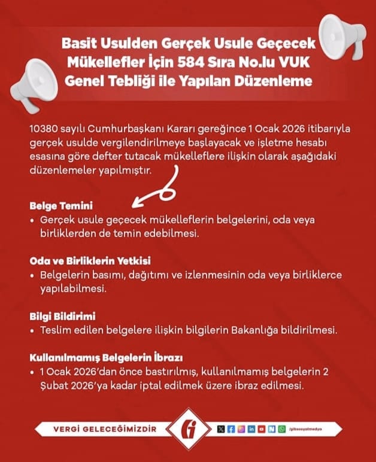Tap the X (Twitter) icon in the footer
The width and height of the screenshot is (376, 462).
tap(221, 430)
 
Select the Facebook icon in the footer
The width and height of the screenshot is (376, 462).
tap(231, 430)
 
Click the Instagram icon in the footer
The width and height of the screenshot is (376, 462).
tap(241, 430)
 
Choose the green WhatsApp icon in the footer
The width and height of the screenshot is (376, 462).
tap(282, 430)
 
